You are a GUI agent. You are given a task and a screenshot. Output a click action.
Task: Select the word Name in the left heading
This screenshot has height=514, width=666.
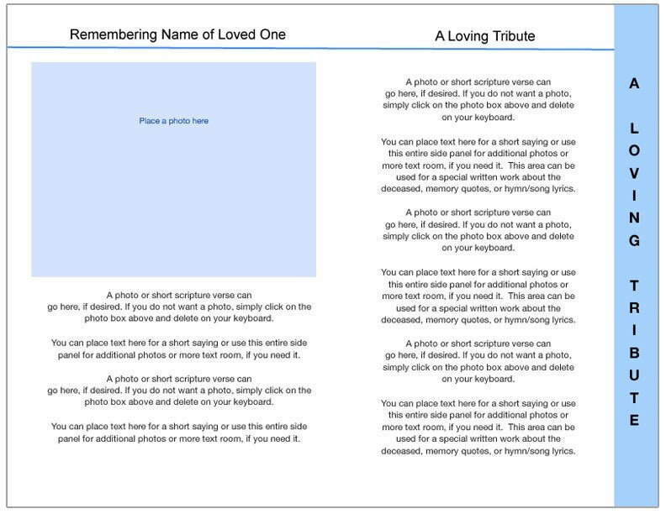pos(174,34)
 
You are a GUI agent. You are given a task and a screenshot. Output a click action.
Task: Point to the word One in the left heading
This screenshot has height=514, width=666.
pos(272,34)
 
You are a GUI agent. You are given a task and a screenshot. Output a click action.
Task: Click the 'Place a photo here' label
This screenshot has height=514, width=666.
pos(173,121)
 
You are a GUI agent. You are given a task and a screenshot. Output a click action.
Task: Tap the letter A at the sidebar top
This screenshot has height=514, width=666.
pos(634,83)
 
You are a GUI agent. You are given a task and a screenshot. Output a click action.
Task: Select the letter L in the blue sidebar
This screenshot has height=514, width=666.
pos(634,128)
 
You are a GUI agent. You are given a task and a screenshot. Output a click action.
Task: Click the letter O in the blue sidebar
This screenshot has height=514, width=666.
pos(634,151)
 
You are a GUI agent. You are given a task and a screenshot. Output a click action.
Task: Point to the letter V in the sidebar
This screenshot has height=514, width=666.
pos(634,173)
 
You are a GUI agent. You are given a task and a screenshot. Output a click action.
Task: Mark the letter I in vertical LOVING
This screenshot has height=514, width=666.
pos(634,196)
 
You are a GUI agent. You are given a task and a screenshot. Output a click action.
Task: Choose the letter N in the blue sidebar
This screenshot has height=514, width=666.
pos(634,218)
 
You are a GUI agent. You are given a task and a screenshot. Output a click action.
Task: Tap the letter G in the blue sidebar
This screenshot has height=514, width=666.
pos(634,241)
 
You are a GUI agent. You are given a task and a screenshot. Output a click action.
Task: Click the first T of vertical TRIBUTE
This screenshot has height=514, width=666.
pos(634,286)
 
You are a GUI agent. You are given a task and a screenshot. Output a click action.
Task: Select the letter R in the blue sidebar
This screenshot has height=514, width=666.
pos(634,308)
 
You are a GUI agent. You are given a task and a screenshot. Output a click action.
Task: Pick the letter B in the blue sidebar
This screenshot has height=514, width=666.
pos(634,353)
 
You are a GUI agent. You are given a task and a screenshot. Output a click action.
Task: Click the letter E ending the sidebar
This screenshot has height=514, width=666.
pos(634,420)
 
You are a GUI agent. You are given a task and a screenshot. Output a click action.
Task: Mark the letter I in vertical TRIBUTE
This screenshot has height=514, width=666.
pos(634,330)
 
